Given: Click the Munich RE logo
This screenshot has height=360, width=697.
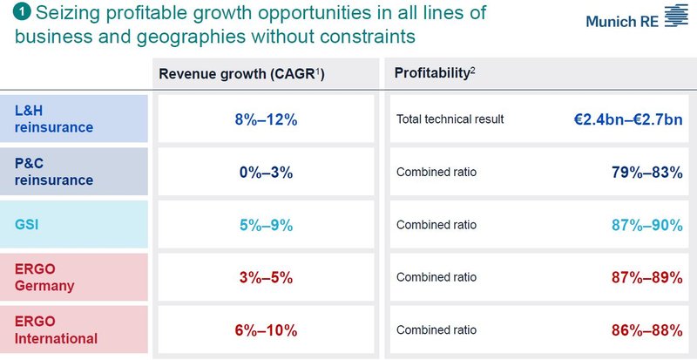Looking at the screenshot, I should pos(635,18).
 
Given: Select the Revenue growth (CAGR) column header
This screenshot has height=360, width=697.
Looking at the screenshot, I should pos(242,74).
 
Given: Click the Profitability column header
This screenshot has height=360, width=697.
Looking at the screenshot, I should pos(434,74).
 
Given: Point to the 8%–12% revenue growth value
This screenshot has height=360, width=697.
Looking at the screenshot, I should pos(268,119).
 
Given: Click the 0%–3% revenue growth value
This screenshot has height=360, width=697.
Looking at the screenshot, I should pos(268,173).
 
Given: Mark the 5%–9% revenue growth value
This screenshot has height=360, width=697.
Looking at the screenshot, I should pos(268,225).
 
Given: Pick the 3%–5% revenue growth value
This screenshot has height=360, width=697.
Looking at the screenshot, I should pos(268,277).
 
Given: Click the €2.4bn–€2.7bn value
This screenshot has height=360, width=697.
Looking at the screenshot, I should pos(621,119).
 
